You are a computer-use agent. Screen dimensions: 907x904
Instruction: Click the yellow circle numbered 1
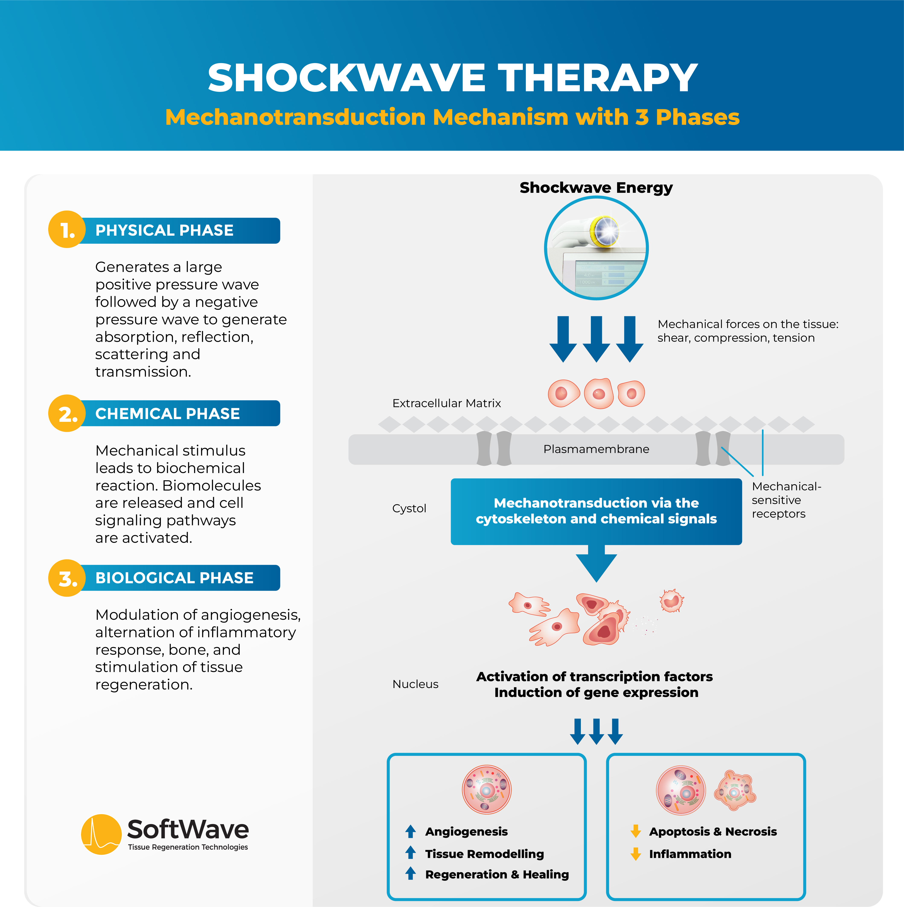pyautogui.click(x=67, y=229)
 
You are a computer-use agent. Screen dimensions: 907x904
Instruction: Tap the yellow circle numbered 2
pyautogui.click(x=67, y=413)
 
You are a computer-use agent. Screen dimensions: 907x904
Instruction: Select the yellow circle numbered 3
pyautogui.click(x=67, y=578)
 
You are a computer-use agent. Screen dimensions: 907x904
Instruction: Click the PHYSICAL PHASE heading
pyautogui.click(x=164, y=231)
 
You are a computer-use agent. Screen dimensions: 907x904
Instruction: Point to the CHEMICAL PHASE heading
pyautogui.click(x=168, y=414)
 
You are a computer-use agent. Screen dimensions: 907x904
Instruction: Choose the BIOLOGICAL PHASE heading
pyautogui.click(x=174, y=578)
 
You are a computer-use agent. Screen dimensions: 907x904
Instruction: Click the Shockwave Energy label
pyautogui.click(x=596, y=188)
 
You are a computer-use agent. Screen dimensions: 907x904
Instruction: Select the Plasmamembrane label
pyautogui.click(x=596, y=449)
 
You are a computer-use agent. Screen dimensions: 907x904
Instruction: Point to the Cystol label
pyautogui.click(x=409, y=508)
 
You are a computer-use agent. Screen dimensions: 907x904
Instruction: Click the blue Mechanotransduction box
pyautogui.click(x=596, y=511)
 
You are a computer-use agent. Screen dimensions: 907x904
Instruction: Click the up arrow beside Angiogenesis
pyautogui.click(x=410, y=832)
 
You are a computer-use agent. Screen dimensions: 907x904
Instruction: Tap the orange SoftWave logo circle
pyautogui.click(x=101, y=834)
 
